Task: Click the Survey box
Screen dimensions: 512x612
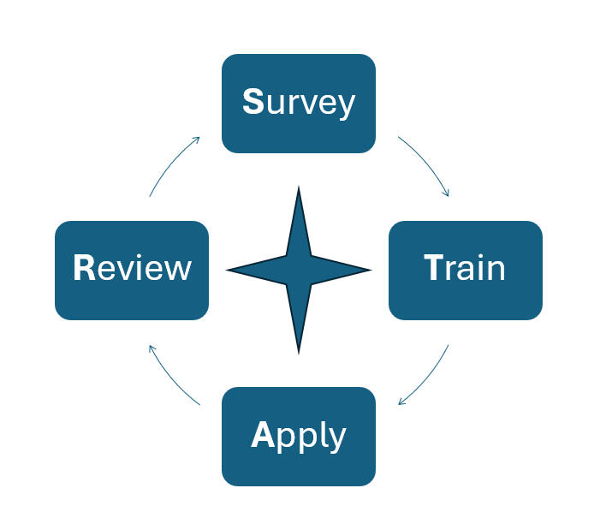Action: pos(298,104)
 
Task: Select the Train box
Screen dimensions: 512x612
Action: pos(465,270)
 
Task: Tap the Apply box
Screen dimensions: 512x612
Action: pos(298,436)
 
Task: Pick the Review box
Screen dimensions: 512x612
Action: pos(132,270)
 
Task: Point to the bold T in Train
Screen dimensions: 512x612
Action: pos(434,269)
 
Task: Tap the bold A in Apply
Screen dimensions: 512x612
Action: pos(261,435)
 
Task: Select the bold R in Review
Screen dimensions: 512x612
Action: pos(83,269)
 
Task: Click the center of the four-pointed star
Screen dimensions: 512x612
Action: pos(299,270)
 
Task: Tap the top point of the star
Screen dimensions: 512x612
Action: pos(299,189)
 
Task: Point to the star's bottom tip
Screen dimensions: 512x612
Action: pos(299,351)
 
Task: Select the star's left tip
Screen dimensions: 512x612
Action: pos(229,270)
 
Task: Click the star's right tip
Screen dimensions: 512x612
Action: pos(369,270)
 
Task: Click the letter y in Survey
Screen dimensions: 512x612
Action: pos(346,106)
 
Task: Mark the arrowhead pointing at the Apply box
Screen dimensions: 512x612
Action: pos(401,403)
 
